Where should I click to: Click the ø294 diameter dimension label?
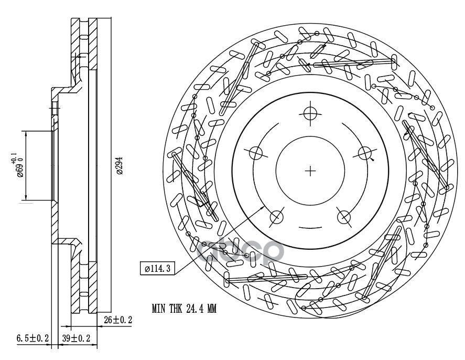[x=120, y=166]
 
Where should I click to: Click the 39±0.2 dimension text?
[x=77, y=338]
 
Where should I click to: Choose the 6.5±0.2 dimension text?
[x=33, y=338]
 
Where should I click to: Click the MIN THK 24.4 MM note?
[x=184, y=310]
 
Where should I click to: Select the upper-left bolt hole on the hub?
[x=255, y=153]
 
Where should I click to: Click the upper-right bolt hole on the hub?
[x=365, y=153]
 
